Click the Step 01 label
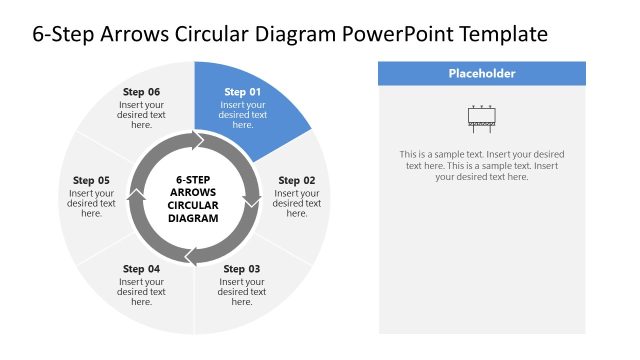coord(242,92)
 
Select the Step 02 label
coord(296,181)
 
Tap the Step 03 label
coord(242,269)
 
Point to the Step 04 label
coord(141,269)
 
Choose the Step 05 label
coord(91,181)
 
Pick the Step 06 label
coord(141,92)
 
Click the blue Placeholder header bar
coord(481,73)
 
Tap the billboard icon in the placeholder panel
coord(481,119)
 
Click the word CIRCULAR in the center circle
coord(193,205)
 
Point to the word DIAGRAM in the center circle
coord(193,218)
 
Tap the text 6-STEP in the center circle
coord(193,179)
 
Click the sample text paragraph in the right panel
coord(481,165)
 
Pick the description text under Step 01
coord(242,114)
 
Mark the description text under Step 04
coord(141,291)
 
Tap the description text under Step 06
coord(141,114)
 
